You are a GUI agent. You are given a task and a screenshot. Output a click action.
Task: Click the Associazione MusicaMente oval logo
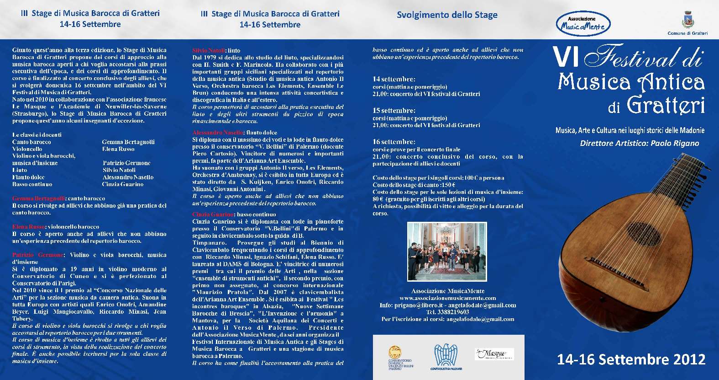tap(583, 24)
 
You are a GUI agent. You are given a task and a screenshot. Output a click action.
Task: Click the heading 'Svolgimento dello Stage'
tap(447, 15)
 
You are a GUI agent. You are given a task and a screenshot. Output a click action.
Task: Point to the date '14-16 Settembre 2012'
tap(631, 359)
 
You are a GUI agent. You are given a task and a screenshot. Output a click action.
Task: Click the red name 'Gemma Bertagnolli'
tap(39, 198)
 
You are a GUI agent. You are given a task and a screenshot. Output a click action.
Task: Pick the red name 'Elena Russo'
tap(28, 227)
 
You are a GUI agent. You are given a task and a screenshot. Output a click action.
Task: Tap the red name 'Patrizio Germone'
tap(37, 255)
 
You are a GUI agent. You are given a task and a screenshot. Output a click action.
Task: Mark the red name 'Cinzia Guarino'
tap(212, 214)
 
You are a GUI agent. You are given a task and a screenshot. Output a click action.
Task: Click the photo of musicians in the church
tap(446, 252)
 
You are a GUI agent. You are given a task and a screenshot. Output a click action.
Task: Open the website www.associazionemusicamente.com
tap(447, 298)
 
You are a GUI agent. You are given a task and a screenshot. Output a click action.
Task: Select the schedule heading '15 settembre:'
tap(394, 111)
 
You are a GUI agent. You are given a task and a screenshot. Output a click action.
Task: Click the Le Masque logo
tap(493, 354)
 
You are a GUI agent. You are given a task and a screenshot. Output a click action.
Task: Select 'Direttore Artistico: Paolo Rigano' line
tap(639, 143)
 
